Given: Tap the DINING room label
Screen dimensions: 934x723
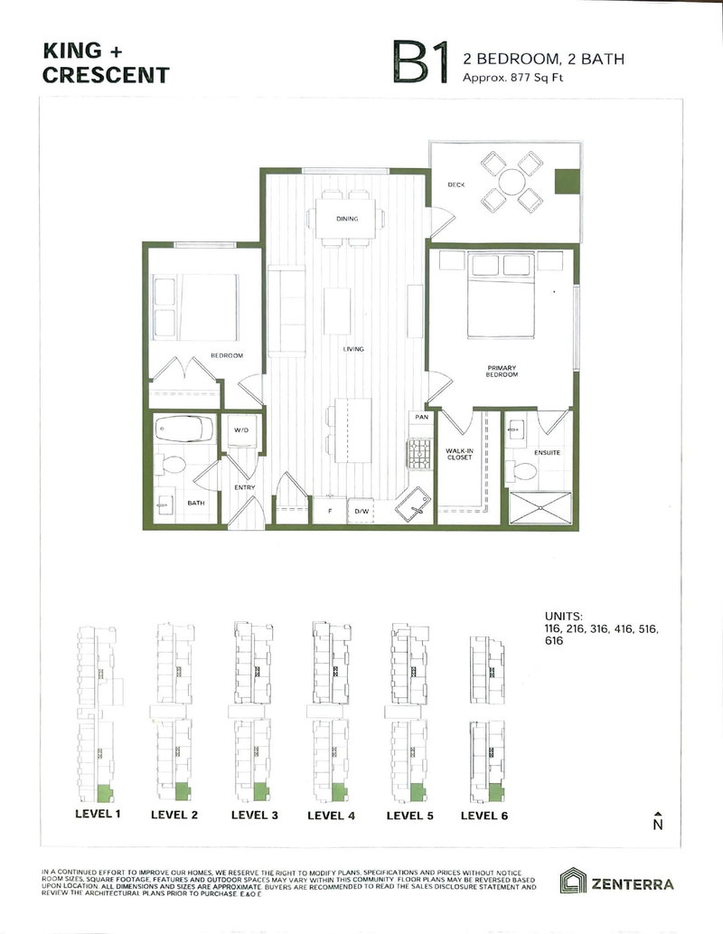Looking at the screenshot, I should (x=347, y=219).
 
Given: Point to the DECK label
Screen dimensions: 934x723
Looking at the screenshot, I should (x=455, y=185).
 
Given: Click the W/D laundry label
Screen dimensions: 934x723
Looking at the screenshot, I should (x=241, y=430).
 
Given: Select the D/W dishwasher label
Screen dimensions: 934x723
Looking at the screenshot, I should (x=362, y=513).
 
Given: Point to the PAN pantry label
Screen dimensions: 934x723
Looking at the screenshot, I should (x=421, y=418).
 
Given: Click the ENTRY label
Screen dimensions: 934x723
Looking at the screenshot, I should (x=245, y=488).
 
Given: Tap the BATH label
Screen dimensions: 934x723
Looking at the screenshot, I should (x=195, y=504).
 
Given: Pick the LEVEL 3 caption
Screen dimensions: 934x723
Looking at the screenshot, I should (x=254, y=815).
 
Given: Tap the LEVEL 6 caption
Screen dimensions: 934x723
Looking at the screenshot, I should (x=484, y=815).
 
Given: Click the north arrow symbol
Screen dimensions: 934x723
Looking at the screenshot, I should (x=658, y=820).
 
